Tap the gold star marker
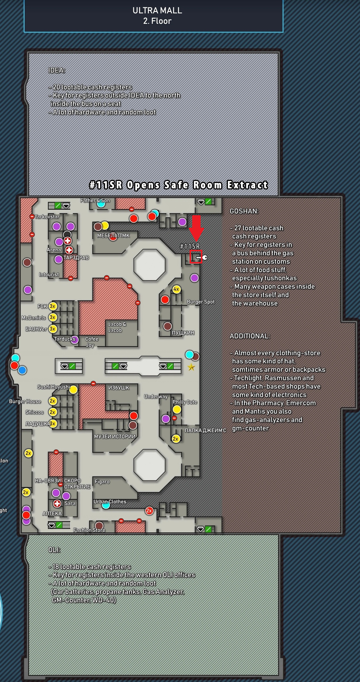tap(191, 367)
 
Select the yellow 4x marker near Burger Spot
tap(177, 289)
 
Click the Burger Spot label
tap(201, 302)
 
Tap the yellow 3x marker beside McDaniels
tap(53, 317)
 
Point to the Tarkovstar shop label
tap(47, 217)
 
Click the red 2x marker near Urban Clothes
tap(149, 510)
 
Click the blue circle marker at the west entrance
tap(22, 370)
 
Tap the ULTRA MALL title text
tap(157, 11)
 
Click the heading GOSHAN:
tap(244, 211)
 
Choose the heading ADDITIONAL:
tap(250, 336)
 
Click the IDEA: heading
tap(57, 70)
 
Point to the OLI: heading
tap(54, 550)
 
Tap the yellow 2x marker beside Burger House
tap(53, 401)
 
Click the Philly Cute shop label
tap(185, 402)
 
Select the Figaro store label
tap(102, 482)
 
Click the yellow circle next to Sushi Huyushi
tap(73, 390)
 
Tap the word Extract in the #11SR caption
tap(247, 185)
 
